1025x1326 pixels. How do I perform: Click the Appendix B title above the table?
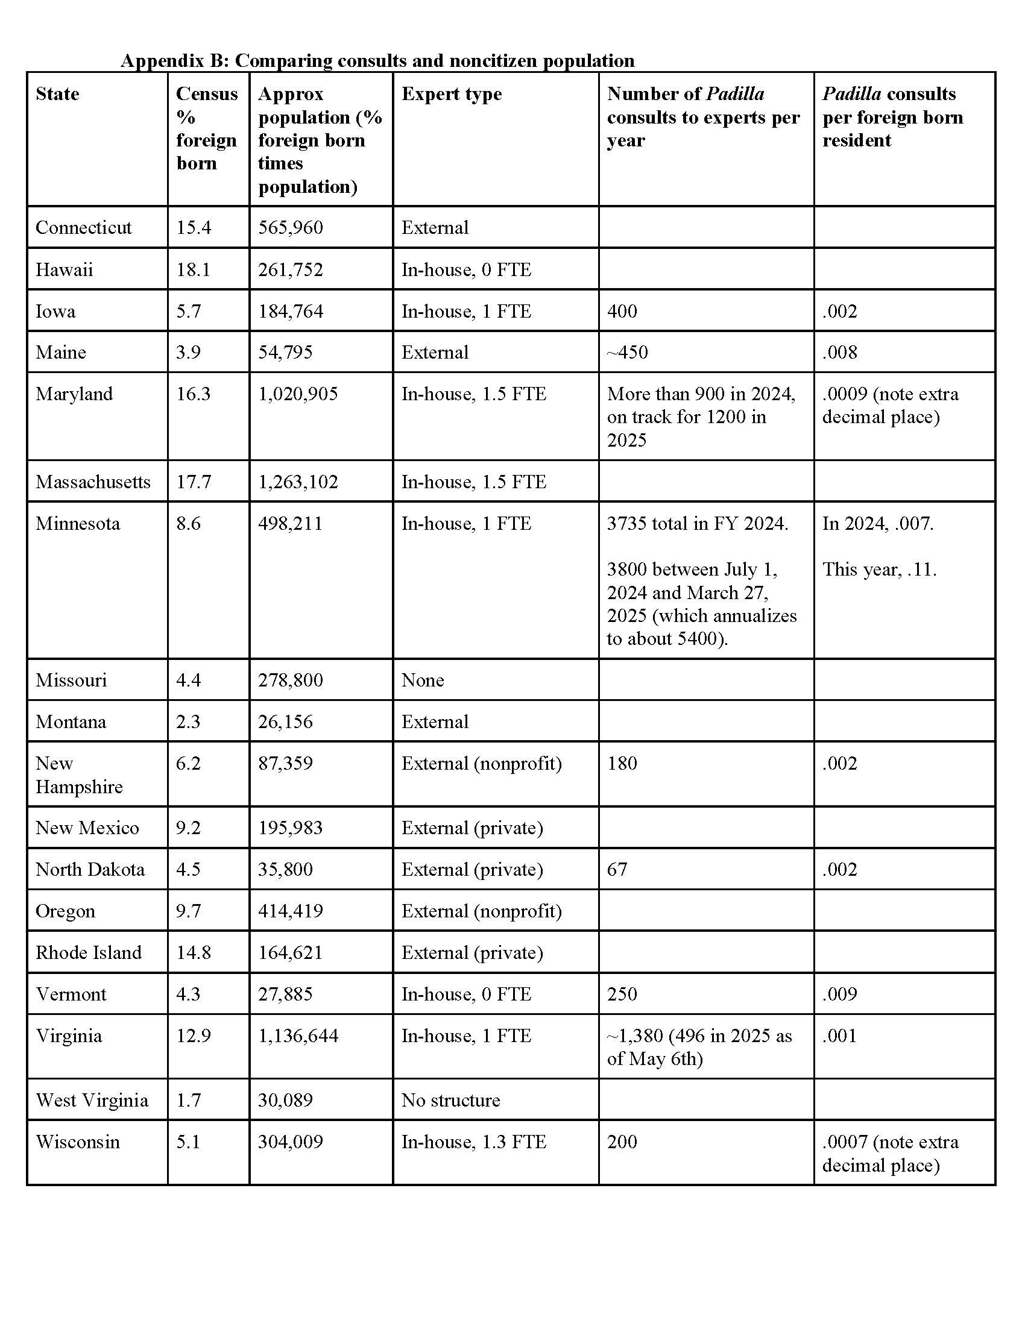[x=377, y=61]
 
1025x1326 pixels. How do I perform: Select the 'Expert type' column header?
[x=451, y=94]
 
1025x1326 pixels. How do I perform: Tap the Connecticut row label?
[x=83, y=227]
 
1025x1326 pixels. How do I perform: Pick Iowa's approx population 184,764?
[x=290, y=311]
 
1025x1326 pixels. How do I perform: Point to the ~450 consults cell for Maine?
[x=627, y=352]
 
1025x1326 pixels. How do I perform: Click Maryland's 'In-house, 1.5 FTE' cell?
[x=474, y=394]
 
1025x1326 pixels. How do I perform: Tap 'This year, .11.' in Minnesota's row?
[x=879, y=569]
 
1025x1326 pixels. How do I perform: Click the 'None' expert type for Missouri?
[x=423, y=680]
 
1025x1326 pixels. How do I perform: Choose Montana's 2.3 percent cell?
[x=188, y=721]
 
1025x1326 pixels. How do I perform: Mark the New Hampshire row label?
[x=79, y=775]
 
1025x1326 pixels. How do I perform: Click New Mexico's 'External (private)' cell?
[x=472, y=828]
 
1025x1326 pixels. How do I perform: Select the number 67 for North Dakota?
[x=617, y=869]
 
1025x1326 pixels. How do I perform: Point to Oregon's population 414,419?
[x=290, y=911]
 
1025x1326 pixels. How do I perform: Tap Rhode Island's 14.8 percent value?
[x=193, y=952]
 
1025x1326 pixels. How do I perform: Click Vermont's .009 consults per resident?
[x=840, y=994]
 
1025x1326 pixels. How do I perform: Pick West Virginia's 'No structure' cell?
[x=450, y=1100]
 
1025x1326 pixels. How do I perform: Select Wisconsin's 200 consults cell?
[x=622, y=1142]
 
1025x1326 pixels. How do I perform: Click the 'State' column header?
[x=57, y=94]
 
